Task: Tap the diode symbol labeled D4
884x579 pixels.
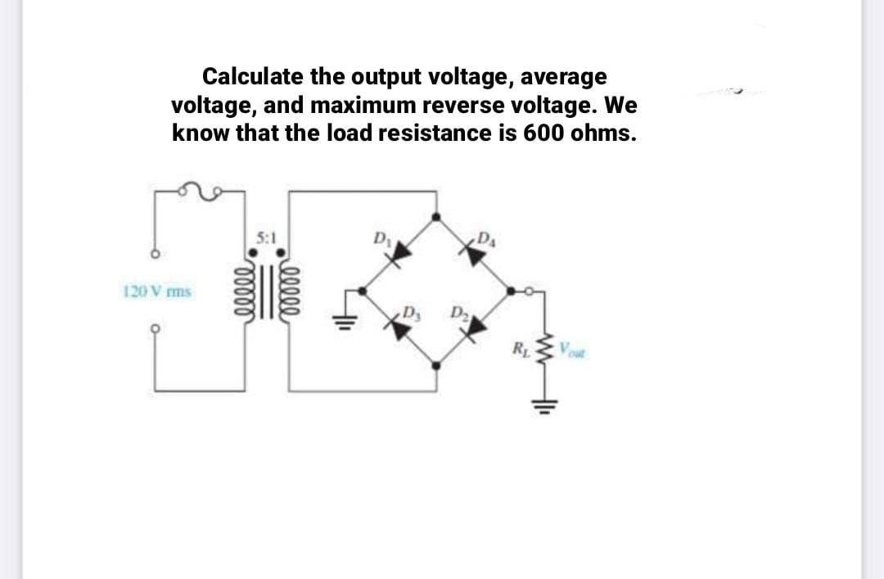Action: pyautogui.click(x=472, y=252)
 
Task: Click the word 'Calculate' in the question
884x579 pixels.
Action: pyautogui.click(x=252, y=77)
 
